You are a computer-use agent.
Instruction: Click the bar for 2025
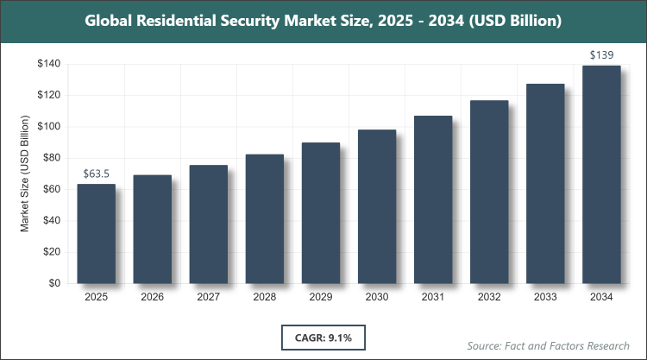(96, 234)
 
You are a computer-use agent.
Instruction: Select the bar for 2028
(265, 219)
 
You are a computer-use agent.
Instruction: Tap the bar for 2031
(433, 199)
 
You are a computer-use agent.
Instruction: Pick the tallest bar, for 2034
(601, 174)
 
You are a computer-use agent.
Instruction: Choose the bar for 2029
(321, 213)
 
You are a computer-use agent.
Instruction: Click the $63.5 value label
(97, 174)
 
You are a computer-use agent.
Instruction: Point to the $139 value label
(601, 55)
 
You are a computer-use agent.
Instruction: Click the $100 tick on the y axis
(47, 127)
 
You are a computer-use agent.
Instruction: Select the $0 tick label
(53, 283)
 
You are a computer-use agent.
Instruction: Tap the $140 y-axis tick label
(47, 64)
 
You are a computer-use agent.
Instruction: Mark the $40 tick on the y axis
(51, 221)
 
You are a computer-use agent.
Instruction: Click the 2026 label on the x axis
(152, 298)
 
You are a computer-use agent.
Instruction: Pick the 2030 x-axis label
(377, 298)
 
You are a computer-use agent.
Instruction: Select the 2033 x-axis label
(545, 298)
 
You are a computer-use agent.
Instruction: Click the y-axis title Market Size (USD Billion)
(26, 174)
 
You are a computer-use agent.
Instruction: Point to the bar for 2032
(489, 192)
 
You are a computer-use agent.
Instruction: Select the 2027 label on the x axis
(208, 298)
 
